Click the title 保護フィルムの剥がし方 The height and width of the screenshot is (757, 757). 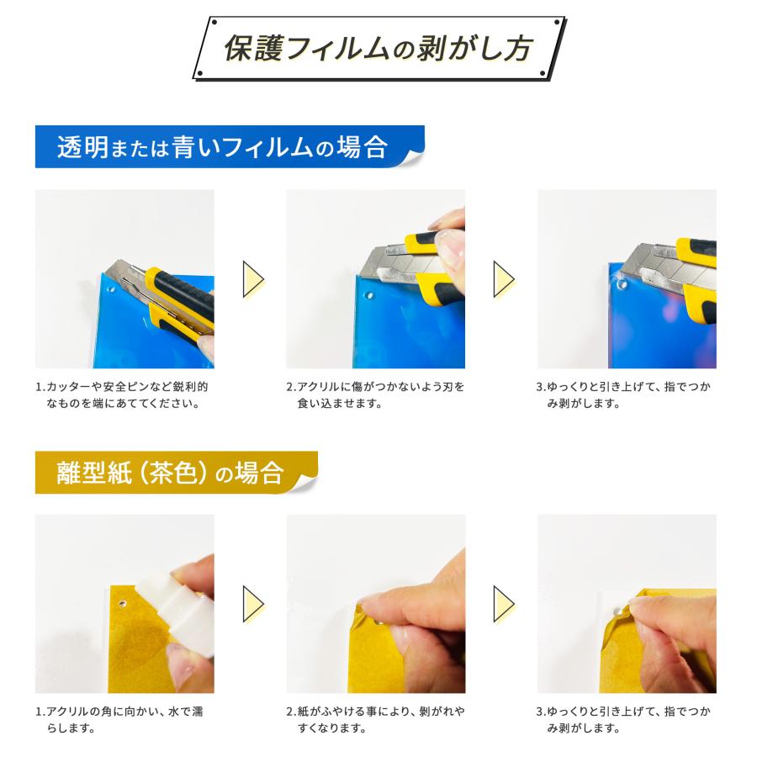[378, 49]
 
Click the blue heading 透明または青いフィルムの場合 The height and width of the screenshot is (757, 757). [222, 148]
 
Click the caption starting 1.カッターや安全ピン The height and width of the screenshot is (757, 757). [122, 395]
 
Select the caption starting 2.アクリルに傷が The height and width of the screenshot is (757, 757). [375, 395]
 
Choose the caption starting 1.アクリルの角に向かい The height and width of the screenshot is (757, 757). [119, 720]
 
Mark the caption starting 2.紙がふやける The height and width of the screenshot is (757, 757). [375, 720]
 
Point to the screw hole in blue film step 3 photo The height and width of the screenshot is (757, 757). [622, 285]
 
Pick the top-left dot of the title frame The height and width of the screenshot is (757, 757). [213, 21]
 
